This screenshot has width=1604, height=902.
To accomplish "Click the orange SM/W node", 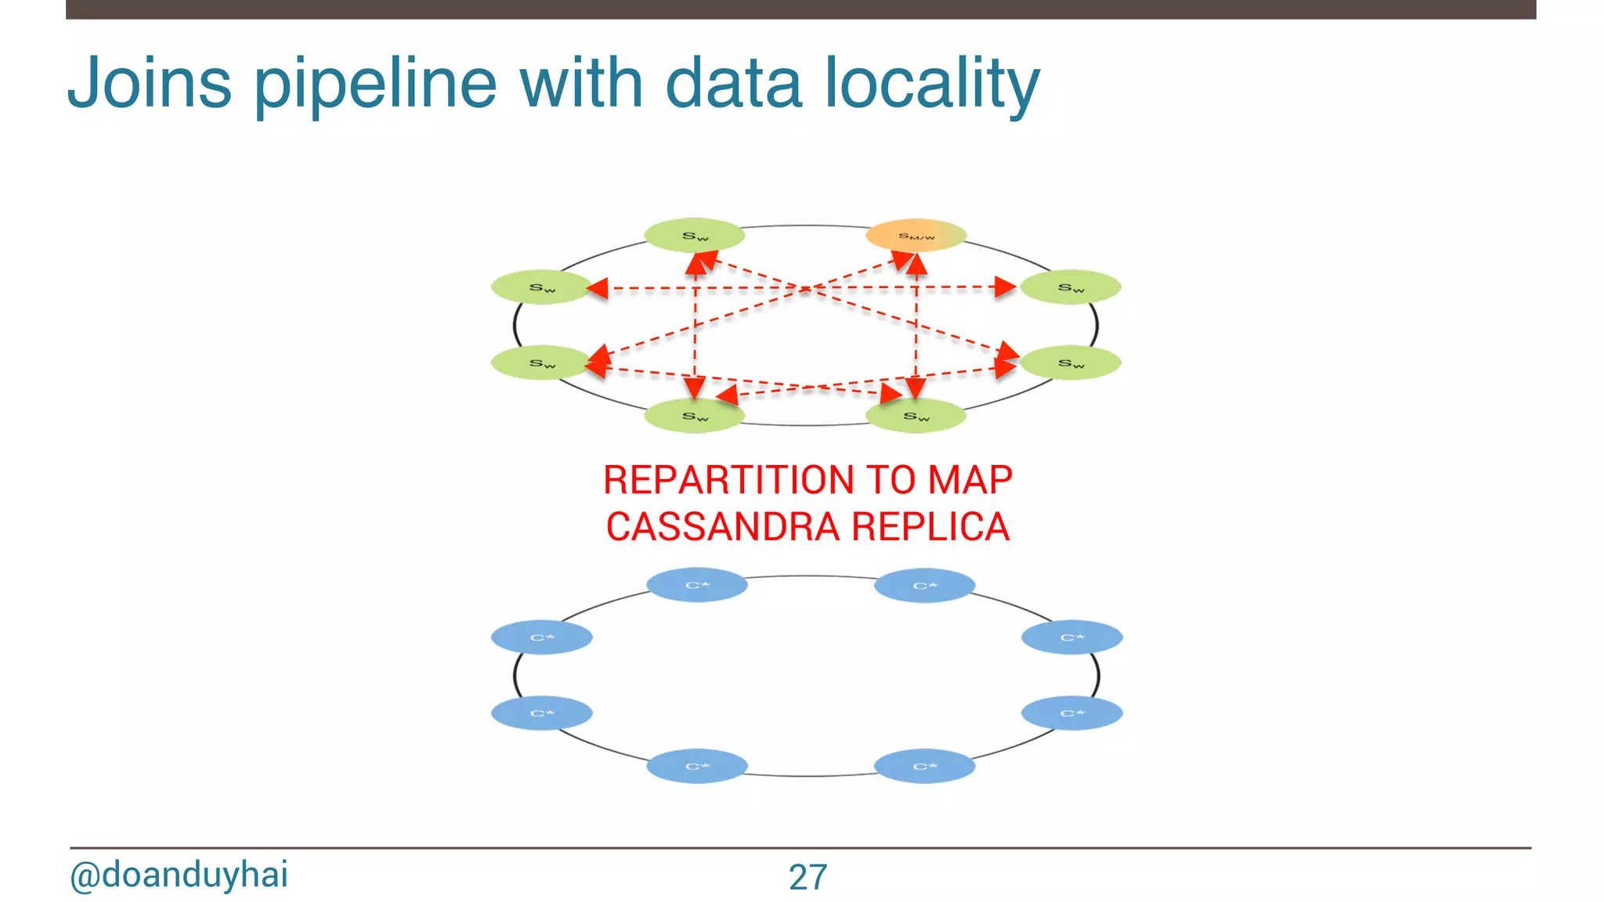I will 916,235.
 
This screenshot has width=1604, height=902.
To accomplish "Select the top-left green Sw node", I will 694,235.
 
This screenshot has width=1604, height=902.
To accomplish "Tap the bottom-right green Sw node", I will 916,416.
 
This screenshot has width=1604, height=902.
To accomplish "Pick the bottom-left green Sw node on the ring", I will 694,416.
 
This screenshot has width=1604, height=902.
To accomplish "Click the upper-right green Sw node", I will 1071,287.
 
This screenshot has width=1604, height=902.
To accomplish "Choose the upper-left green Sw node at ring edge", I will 541,287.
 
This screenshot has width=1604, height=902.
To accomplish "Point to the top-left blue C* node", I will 697,585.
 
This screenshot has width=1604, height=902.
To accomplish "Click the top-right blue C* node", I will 924,585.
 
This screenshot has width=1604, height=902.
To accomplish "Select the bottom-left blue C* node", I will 696,766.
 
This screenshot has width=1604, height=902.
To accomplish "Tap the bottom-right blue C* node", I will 924,766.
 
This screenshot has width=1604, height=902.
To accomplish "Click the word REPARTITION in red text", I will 728,480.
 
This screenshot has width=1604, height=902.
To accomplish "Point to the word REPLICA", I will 930,526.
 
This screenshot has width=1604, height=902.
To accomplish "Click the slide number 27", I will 807,877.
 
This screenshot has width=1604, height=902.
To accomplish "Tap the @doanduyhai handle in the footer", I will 179,875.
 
